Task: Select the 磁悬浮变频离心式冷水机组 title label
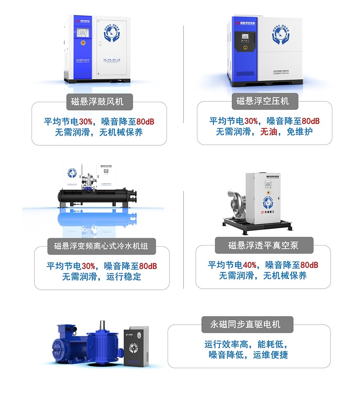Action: click(x=101, y=246)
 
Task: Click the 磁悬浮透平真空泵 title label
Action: click(x=263, y=245)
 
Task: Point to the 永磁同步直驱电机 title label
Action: click(x=247, y=324)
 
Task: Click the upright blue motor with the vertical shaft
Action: click(x=103, y=343)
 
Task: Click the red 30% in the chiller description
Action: click(x=88, y=266)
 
